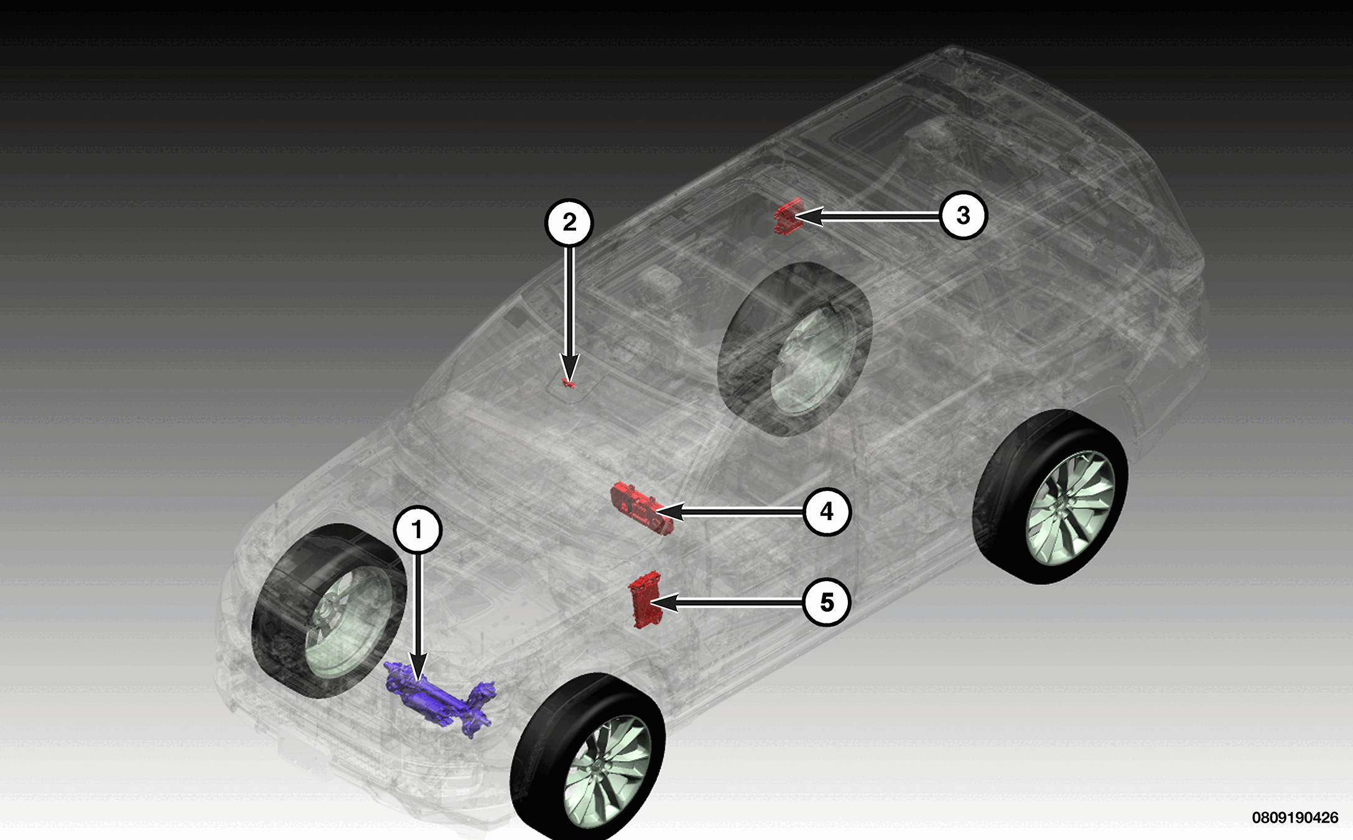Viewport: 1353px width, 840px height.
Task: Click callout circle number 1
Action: click(x=417, y=530)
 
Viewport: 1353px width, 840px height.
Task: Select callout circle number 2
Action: click(x=569, y=222)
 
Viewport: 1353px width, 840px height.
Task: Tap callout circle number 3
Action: click(x=963, y=215)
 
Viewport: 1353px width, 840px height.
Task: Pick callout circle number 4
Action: click(x=827, y=511)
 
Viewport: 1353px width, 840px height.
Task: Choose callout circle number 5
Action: click(x=827, y=602)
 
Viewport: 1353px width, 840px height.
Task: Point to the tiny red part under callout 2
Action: click(x=568, y=383)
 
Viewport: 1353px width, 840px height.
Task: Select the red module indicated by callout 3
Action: click(x=788, y=215)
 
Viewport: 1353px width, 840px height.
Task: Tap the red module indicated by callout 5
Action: click(x=644, y=599)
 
